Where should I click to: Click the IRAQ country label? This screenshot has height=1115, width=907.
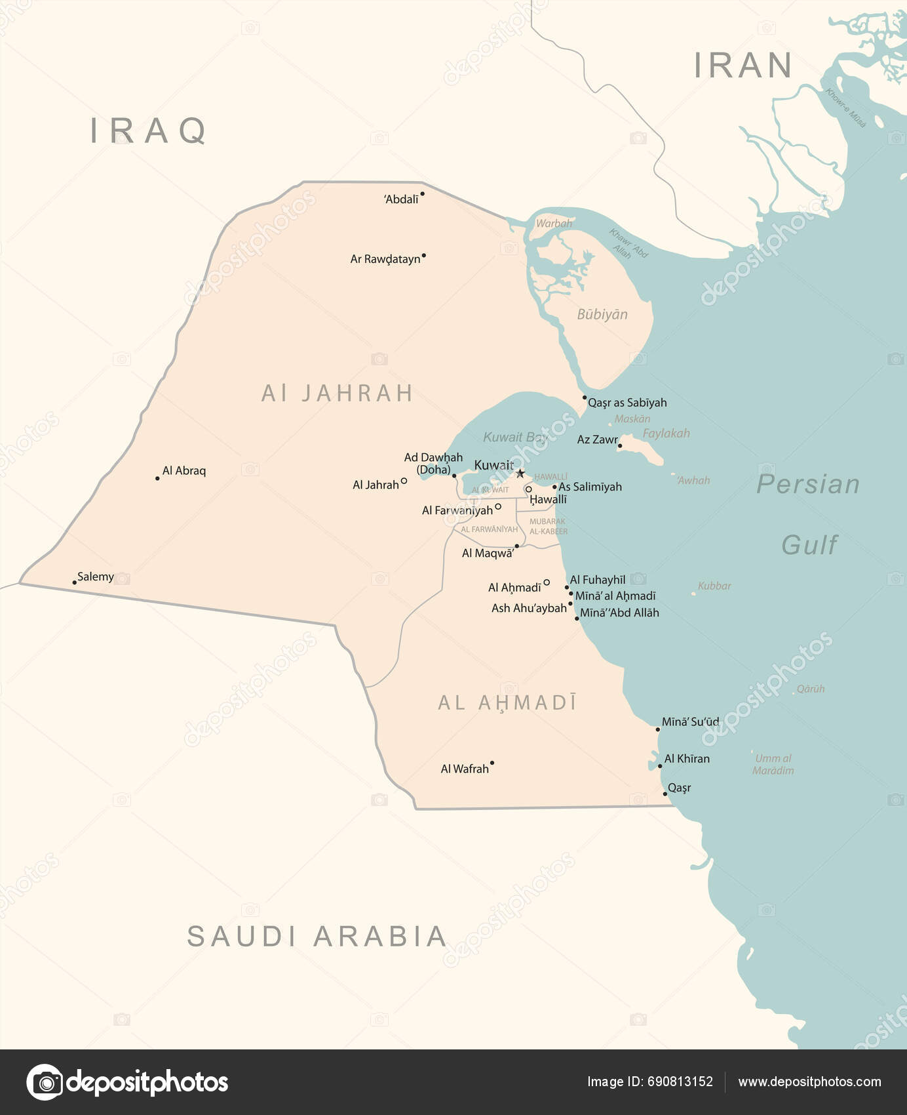click(149, 131)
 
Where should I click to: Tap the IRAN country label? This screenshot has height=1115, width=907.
click(743, 66)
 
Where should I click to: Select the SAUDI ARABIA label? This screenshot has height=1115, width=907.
click(317, 937)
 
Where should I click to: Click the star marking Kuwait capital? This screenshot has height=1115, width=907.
click(520, 474)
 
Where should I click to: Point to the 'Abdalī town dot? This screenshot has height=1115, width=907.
click(422, 193)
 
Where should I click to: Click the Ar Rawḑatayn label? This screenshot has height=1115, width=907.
click(385, 259)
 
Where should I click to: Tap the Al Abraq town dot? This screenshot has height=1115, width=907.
click(157, 478)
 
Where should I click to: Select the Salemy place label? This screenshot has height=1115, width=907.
click(96, 577)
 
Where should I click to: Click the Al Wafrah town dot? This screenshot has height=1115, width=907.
click(492, 763)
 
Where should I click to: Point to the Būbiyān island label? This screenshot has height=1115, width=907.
click(602, 314)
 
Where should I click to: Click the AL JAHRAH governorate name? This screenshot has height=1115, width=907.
click(337, 394)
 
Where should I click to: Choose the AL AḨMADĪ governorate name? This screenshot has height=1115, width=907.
click(507, 703)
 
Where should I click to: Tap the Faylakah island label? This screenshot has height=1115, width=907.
click(666, 434)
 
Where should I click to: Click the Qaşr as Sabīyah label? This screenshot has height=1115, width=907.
click(627, 403)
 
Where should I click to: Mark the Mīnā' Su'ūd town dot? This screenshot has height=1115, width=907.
click(658, 729)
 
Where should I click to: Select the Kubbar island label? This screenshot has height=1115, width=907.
click(714, 586)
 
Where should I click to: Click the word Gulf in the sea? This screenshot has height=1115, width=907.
click(809, 545)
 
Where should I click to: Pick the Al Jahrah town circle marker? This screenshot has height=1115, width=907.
click(404, 481)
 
